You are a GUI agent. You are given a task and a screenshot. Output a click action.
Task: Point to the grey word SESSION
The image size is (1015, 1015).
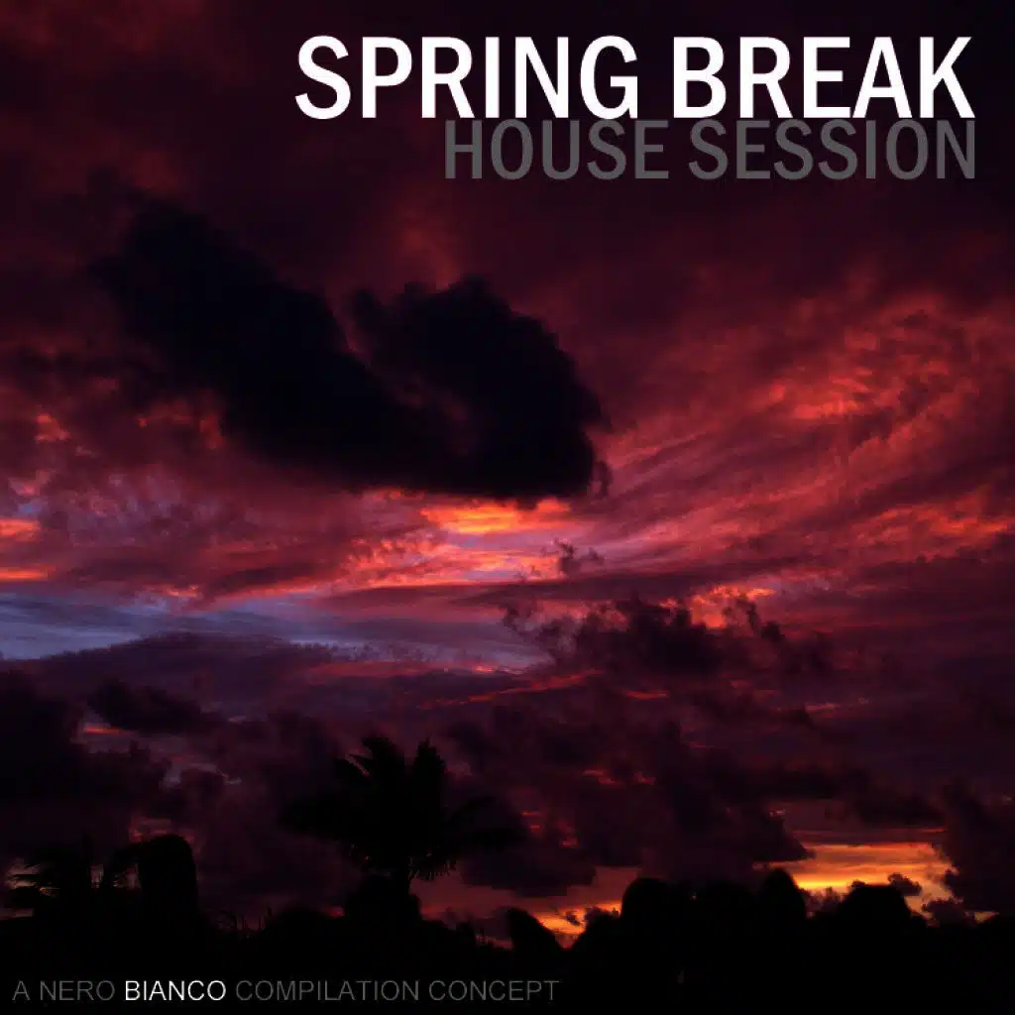(x=833, y=151)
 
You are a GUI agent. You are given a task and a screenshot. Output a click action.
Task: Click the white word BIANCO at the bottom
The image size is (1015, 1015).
(x=176, y=990)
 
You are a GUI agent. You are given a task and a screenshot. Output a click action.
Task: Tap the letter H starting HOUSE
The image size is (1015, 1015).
(x=463, y=151)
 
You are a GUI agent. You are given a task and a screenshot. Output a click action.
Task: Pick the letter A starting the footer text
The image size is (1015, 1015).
(x=20, y=990)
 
